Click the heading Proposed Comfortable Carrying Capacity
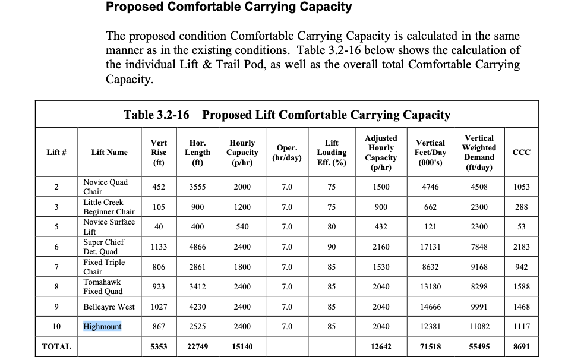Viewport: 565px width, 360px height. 228,8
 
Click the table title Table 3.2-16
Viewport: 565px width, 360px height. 156,115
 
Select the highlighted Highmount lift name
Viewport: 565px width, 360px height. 102,327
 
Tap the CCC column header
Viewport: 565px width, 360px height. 521,152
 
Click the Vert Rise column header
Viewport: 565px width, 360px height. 159,152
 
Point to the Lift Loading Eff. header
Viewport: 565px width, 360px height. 332,152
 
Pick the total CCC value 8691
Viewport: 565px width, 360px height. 521,346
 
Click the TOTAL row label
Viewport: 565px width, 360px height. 56,346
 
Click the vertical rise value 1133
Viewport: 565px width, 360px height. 159,247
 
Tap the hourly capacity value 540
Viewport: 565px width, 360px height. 242,227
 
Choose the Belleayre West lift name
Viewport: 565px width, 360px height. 109,307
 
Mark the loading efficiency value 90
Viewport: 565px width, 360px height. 332,247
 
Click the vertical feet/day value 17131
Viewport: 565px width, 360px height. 430,247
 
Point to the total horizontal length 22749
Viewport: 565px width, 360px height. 197,346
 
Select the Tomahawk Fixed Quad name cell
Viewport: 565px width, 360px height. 103,286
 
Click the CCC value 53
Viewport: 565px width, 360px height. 521,227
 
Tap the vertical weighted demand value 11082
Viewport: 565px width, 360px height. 479,327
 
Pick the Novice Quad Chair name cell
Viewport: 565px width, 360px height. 105,187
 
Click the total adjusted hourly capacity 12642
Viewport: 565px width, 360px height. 381,346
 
